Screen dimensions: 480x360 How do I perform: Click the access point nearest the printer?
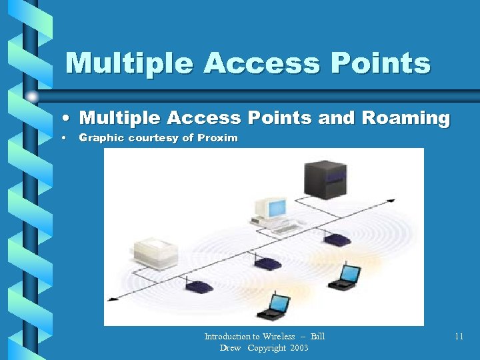[199, 287]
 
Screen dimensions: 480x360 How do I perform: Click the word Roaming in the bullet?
[406, 118]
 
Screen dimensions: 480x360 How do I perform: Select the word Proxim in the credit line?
[217, 138]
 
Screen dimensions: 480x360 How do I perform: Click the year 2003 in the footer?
[299, 348]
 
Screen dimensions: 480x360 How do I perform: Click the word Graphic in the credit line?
[100, 138]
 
